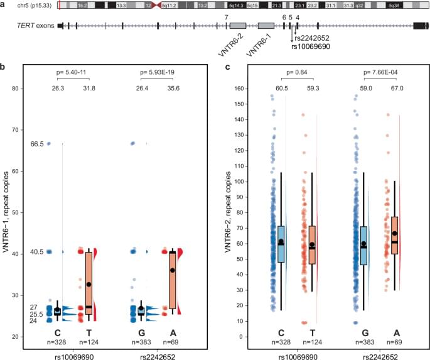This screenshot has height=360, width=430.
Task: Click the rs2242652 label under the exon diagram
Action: coord(313,38)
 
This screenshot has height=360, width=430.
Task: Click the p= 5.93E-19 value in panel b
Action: coord(157,72)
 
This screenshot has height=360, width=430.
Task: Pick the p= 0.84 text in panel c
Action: coord(298,72)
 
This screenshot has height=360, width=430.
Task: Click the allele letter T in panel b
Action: coord(89,332)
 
